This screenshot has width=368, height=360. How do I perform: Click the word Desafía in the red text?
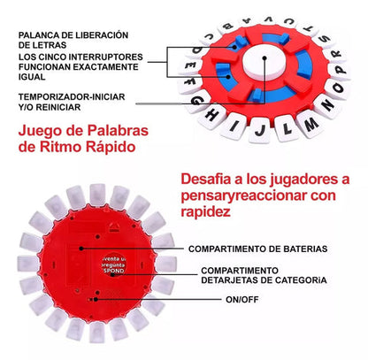[x=204, y=179]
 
